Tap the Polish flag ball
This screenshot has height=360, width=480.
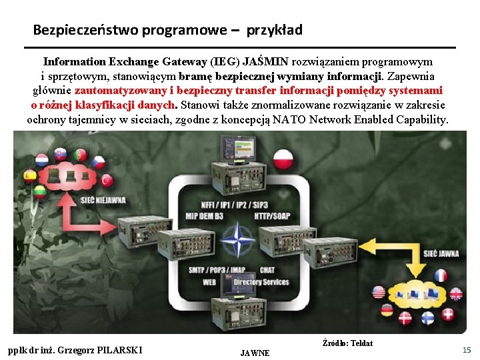284,158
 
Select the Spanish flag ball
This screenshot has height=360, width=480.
29,175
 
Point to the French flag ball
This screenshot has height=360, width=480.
441,275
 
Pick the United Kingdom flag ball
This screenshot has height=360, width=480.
457,294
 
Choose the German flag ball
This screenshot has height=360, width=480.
387,310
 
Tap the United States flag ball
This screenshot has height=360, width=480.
378,293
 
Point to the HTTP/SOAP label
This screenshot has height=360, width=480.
273,216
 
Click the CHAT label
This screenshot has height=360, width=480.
267,270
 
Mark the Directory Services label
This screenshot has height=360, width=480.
261,283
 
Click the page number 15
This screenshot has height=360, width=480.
467,349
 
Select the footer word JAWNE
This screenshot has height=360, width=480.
255,353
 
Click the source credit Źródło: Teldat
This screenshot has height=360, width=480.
347,343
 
